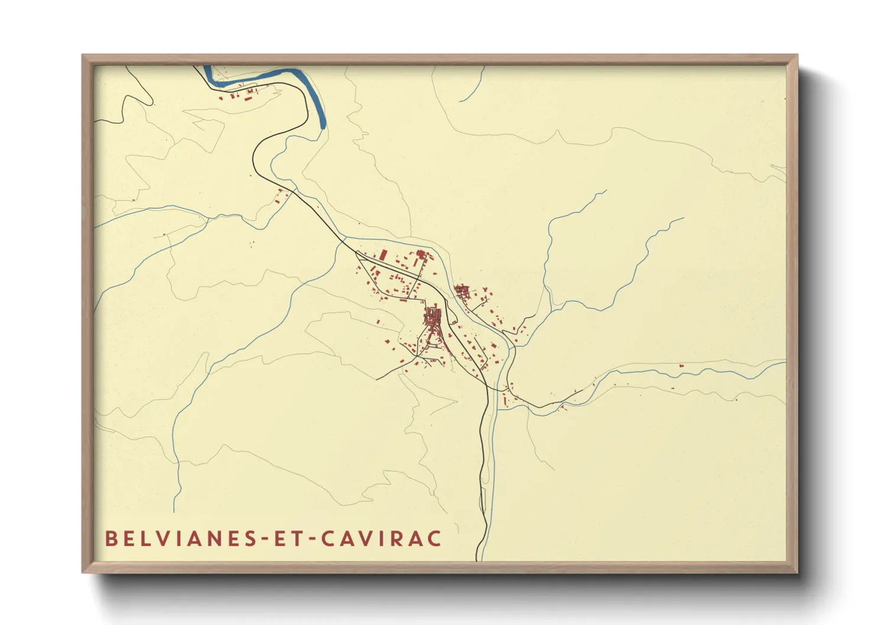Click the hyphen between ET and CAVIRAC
click(x=313, y=539)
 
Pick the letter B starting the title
click(x=111, y=539)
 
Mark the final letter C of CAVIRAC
click(x=435, y=539)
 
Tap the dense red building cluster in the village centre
click(x=433, y=317)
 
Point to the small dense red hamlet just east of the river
click(x=462, y=290)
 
